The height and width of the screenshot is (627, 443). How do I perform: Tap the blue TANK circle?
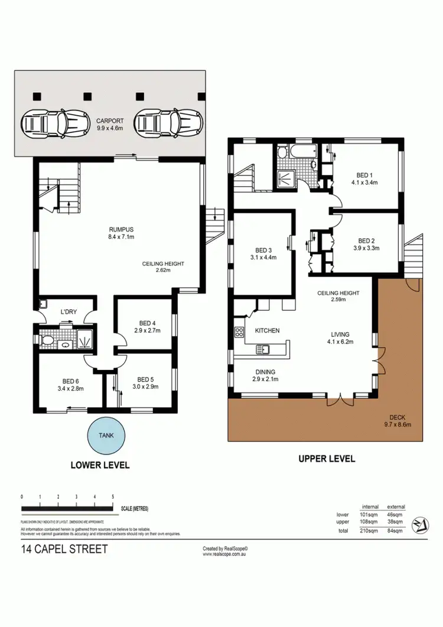coord(107,436)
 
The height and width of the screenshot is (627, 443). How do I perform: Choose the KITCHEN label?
coord(267,330)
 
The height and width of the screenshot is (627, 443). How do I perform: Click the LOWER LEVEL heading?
coord(100,465)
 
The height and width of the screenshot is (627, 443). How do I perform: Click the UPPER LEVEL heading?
coord(327,459)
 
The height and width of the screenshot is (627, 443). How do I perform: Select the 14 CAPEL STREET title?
coord(64,550)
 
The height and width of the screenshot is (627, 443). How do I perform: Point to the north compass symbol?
coord(420,523)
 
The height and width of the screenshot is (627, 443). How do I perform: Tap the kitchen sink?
coord(261,350)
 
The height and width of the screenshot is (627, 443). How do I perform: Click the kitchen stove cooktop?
coord(239,332)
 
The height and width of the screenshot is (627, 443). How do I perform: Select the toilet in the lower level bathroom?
coord(46,340)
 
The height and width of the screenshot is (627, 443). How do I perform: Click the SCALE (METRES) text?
coord(134,509)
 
